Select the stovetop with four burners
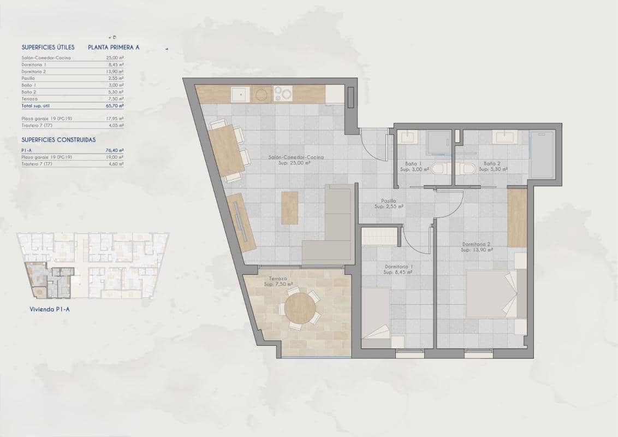[283, 94]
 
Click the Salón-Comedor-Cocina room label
[296, 157]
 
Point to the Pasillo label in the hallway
[389, 201]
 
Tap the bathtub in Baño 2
[542, 154]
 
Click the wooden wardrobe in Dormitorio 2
[517, 217]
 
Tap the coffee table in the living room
[289, 208]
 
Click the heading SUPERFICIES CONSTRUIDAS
[58, 140]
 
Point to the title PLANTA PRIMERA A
[114, 48]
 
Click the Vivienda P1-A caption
[49, 309]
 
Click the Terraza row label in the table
[29, 99]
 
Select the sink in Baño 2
[502, 137]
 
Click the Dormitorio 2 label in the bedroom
[477, 244]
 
